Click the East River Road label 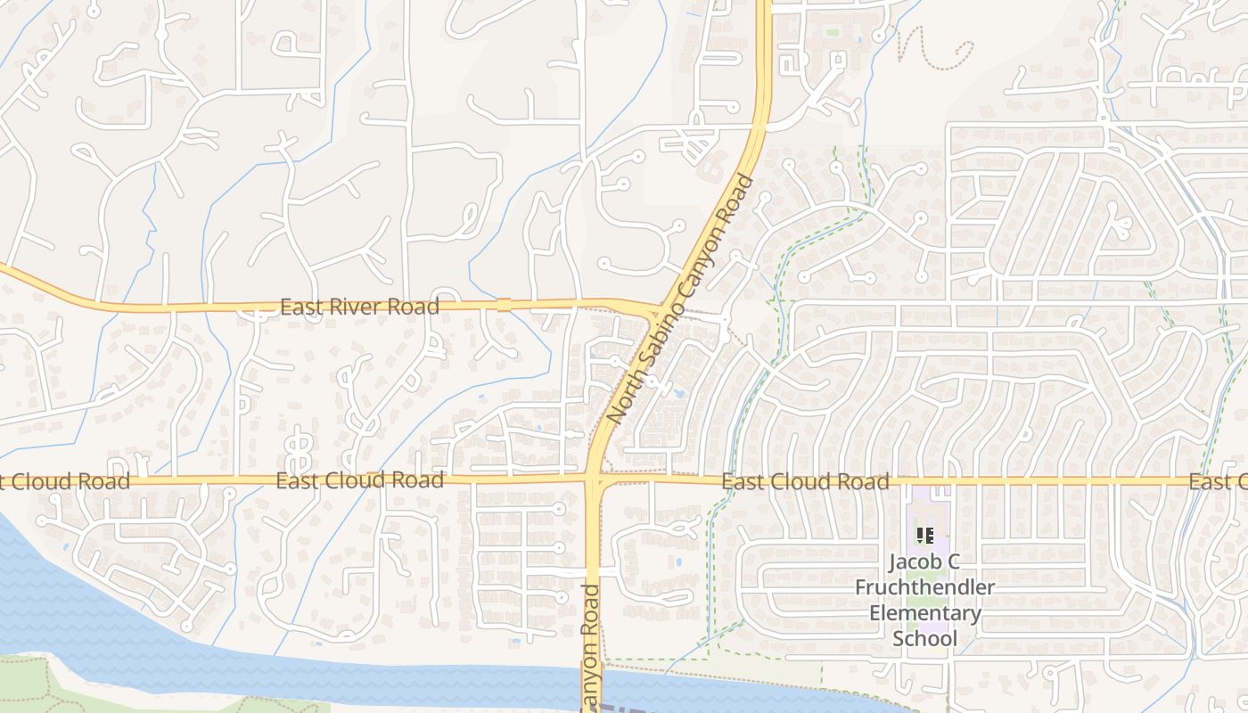coord(359,307)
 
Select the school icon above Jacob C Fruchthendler coord(925,536)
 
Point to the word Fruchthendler coord(925,588)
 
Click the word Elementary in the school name coord(925,614)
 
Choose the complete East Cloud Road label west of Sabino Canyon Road coord(359,481)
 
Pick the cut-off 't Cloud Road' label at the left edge coord(64,482)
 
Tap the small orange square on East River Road coord(505,305)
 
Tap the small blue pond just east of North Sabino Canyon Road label coord(679,392)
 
